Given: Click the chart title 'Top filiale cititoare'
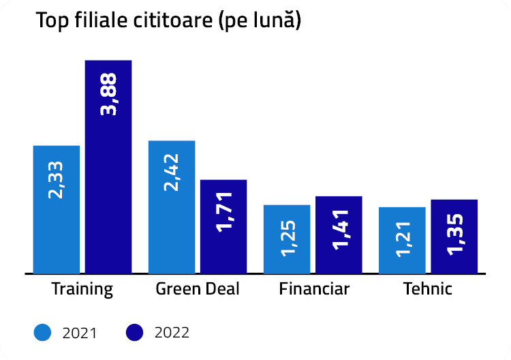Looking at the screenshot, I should point(168,21).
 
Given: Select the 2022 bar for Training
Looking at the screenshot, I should point(108,177).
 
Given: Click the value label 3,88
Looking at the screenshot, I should point(108,95).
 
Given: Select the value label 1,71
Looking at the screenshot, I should point(223,212).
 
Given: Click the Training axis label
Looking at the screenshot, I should point(82,289).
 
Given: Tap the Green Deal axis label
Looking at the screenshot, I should point(198,289).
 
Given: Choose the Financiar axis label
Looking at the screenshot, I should point(314,289).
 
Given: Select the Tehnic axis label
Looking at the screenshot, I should point(428,289).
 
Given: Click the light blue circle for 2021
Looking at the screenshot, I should point(42,332).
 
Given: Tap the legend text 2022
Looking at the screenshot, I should point(172,333).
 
